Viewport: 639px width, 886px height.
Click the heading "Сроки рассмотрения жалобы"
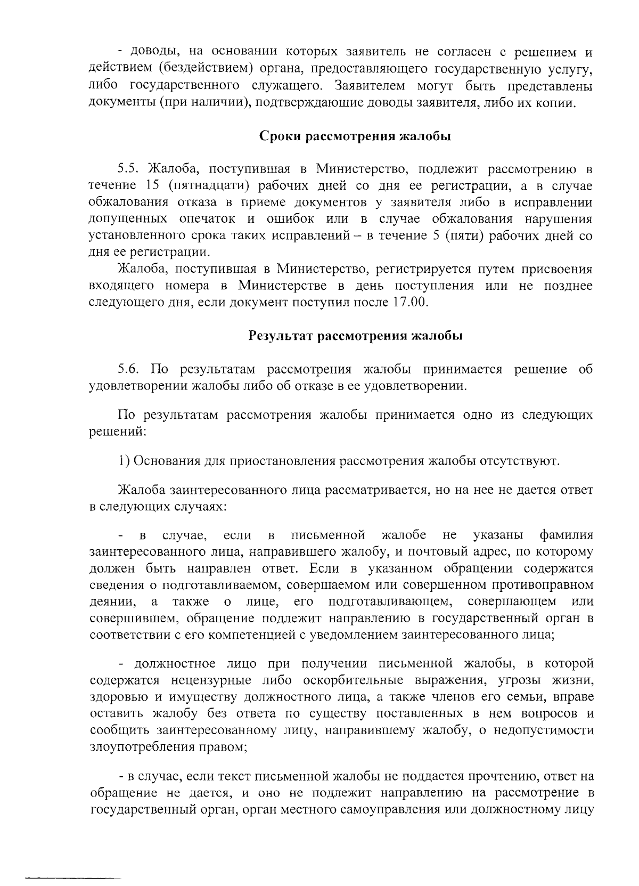click(355, 136)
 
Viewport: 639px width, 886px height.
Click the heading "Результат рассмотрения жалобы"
click(355, 336)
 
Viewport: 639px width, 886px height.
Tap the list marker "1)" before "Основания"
click(123, 461)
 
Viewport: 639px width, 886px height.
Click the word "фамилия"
click(566, 535)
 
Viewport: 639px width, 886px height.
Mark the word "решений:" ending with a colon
click(117, 432)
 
